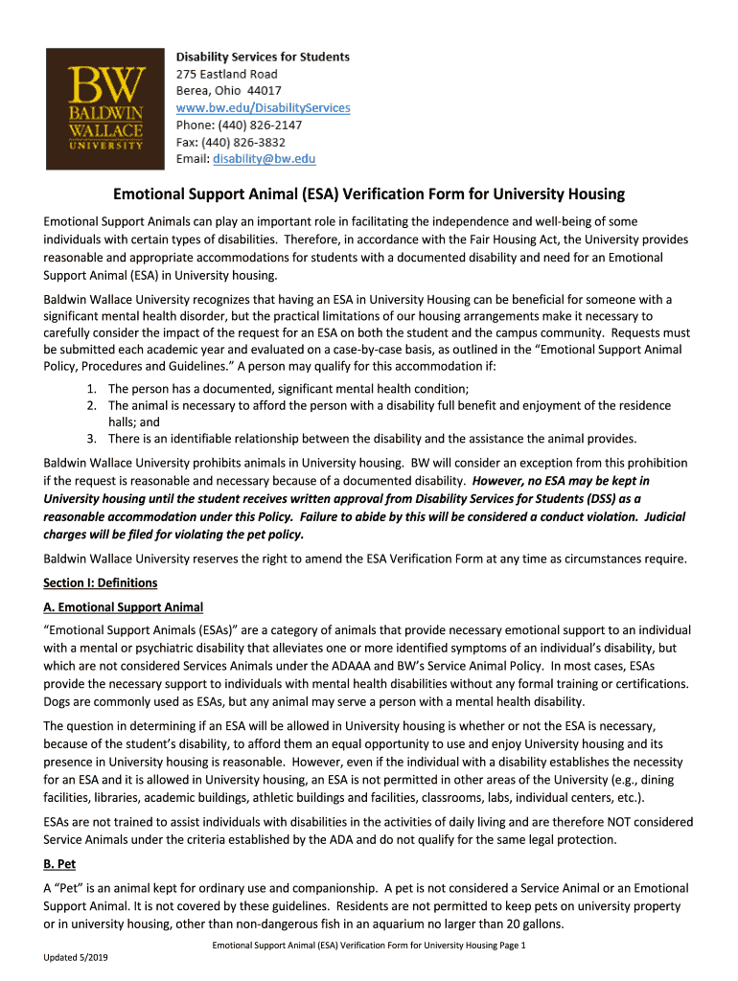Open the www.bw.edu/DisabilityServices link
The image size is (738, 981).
click(263, 108)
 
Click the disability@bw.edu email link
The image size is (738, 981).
click(264, 159)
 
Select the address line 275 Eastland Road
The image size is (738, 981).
click(226, 74)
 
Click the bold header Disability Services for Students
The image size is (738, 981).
click(263, 57)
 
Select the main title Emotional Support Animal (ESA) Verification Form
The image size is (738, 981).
click(369, 194)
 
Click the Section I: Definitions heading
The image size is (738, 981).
click(101, 582)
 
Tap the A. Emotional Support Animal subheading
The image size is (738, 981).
click(123, 606)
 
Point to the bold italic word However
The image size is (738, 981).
click(498, 481)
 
